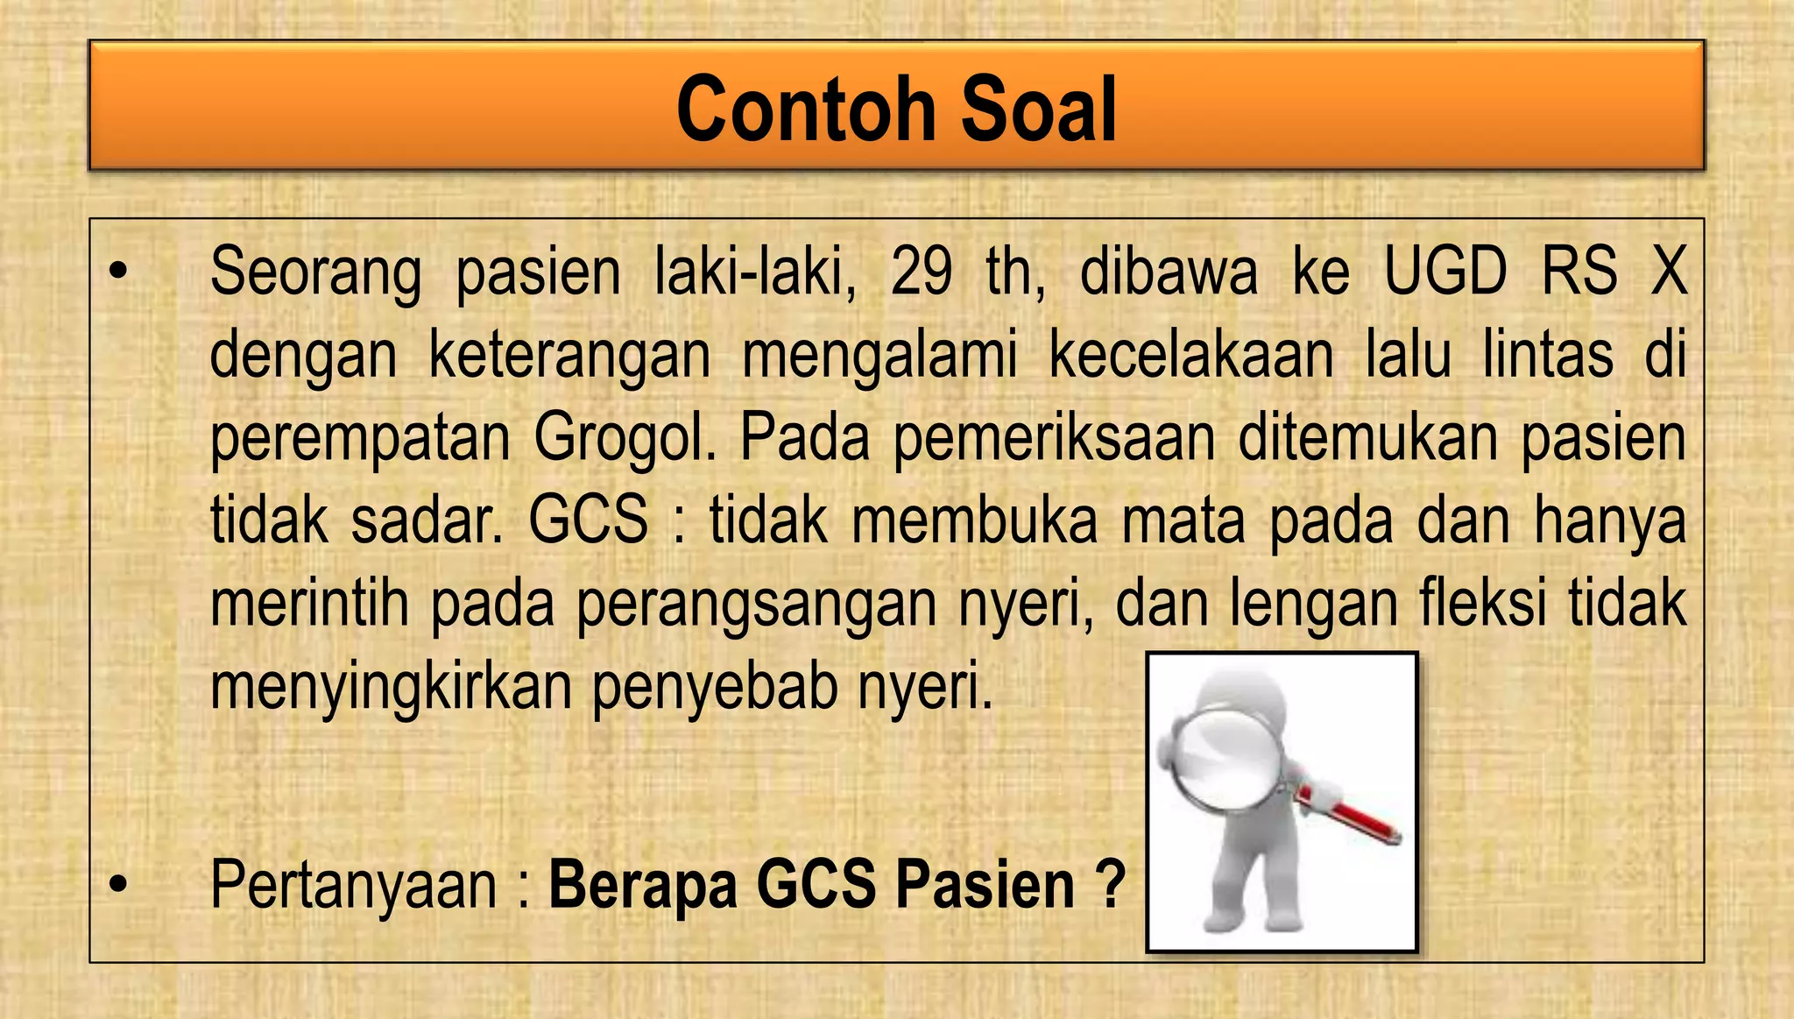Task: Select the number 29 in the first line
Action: coord(922,272)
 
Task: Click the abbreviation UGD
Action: coord(1445,272)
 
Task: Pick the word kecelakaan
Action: coord(1191,355)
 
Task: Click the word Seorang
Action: coord(315,273)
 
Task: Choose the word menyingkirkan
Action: coord(391,688)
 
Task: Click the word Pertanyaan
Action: coord(354,887)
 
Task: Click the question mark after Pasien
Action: coord(1110,885)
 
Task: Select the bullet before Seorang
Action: coord(118,273)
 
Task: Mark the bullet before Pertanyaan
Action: coord(118,887)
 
